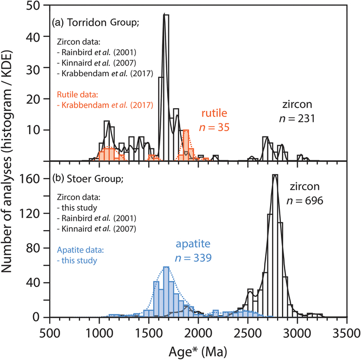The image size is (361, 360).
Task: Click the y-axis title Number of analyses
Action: tap(11, 162)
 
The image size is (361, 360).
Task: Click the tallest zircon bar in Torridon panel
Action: tap(166, 87)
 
